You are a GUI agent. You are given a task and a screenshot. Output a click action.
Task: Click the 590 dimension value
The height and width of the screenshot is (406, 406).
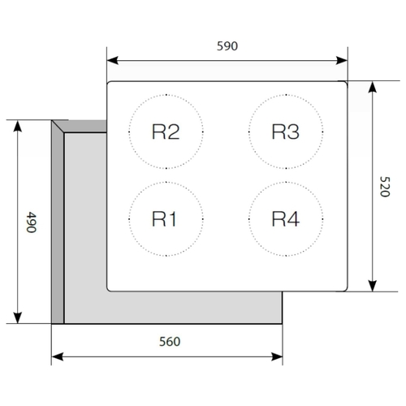pos(227,46)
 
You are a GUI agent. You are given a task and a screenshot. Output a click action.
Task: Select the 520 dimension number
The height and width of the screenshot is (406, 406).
pos(385,187)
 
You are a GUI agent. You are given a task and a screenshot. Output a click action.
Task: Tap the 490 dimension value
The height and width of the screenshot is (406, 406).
pos(32,222)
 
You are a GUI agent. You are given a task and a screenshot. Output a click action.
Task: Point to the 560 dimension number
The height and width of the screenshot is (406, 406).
pos(170,342)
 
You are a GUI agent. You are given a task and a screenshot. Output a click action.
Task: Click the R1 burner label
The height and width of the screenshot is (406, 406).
pos(164,219)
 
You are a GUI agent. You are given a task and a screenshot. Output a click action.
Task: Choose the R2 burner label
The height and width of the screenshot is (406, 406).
pos(166,132)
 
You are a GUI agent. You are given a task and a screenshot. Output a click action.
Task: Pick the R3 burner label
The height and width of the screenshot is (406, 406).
pos(286,132)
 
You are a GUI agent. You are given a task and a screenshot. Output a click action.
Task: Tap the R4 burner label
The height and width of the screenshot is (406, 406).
pos(286,219)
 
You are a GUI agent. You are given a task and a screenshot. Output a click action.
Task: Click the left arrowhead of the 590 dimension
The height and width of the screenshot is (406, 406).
pos(113,60)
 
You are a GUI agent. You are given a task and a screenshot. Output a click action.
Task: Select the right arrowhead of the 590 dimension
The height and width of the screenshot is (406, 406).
pos(342,60)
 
